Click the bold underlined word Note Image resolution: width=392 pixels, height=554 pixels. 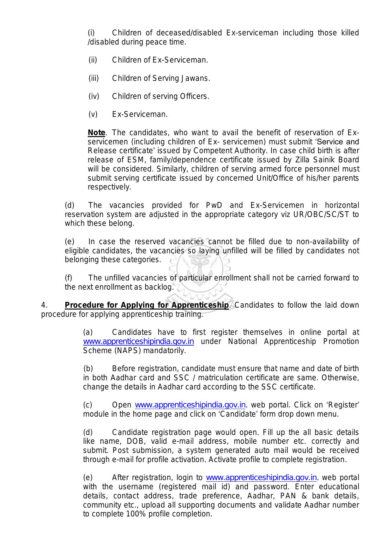pos(96,133)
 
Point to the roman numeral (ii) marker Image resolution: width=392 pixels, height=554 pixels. pos(93,60)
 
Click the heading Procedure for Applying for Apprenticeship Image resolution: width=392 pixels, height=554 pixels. pos(147,305)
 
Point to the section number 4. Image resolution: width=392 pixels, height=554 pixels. pos(44,305)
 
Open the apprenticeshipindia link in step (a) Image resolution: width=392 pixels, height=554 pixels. pos(138,341)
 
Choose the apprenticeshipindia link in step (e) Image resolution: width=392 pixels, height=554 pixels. pos(261,477)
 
